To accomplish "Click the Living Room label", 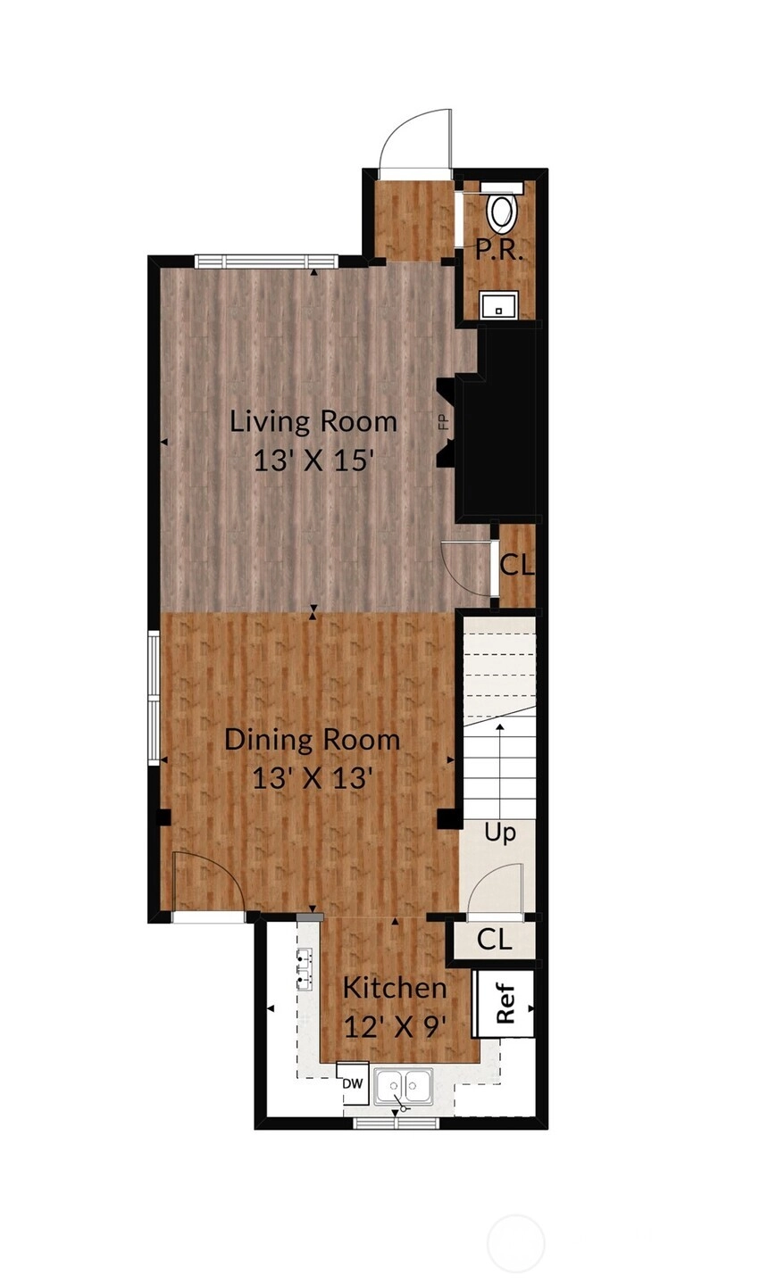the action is (x=313, y=421).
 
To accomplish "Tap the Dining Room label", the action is (x=313, y=740).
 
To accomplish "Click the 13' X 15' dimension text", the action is (x=314, y=460).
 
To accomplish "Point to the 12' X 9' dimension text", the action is (x=395, y=1027).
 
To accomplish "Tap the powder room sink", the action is (x=499, y=304).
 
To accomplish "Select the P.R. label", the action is (x=499, y=252).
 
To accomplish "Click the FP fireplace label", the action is (x=443, y=422).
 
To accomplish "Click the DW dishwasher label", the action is (x=353, y=1083).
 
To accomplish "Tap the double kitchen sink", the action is (x=404, y=1086).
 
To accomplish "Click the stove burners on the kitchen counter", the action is (x=305, y=970).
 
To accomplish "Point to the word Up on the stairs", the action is (x=500, y=833).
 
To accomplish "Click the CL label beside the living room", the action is (x=516, y=566).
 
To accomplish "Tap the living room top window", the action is (x=265, y=261).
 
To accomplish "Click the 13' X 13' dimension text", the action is (x=313, y=778).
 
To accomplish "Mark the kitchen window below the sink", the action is (x=395, y=1123).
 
